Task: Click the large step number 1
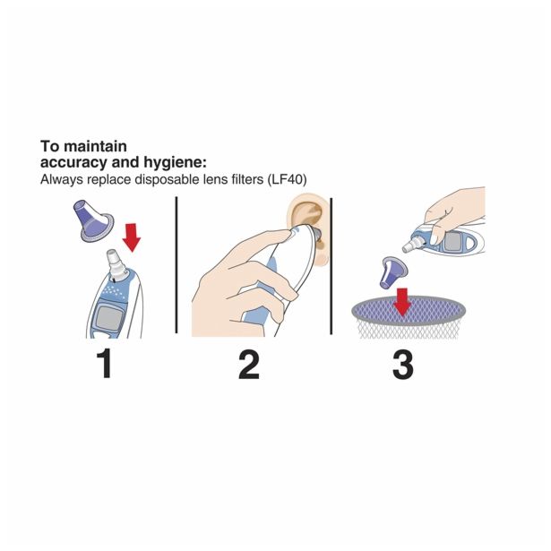tap(105, 364)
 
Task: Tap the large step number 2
tap(249, 365)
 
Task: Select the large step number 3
tap(402, 365)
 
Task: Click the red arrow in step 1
tap(132, 237)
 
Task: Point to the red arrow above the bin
tap(402, 302)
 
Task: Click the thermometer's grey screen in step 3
tap(452, 241)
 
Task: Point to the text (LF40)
tap(287, 179)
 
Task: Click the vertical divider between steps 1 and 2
tap(176, 265)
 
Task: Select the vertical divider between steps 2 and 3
tap(331, 266)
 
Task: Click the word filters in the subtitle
tap(245, 179)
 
